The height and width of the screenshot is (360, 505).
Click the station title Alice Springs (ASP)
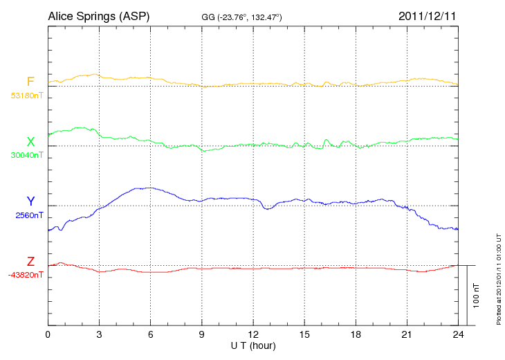tap(98, 15)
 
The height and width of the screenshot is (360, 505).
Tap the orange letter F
tap(30, 82)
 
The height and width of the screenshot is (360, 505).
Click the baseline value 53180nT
tap(27, 96)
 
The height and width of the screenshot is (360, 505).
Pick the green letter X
tap(30, 142)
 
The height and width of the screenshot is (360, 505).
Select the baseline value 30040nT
tap(27, 155)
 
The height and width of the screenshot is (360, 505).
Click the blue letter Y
tap(30, 201)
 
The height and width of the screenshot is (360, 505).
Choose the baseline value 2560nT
tap(29, 215)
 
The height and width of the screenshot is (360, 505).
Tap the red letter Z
tap(30, 261)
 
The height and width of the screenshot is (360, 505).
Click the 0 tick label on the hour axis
tap(48, 335)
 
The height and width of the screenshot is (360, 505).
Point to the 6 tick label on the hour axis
tap(151, 335)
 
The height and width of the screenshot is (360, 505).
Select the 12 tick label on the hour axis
tap(253, 335)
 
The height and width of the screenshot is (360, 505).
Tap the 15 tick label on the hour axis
tap(304, 335)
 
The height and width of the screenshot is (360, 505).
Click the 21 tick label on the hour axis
tap(407, 335)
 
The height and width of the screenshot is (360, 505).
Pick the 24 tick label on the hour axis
tap(458, 335)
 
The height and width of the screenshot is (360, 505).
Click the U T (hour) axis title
tap(253, 345)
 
